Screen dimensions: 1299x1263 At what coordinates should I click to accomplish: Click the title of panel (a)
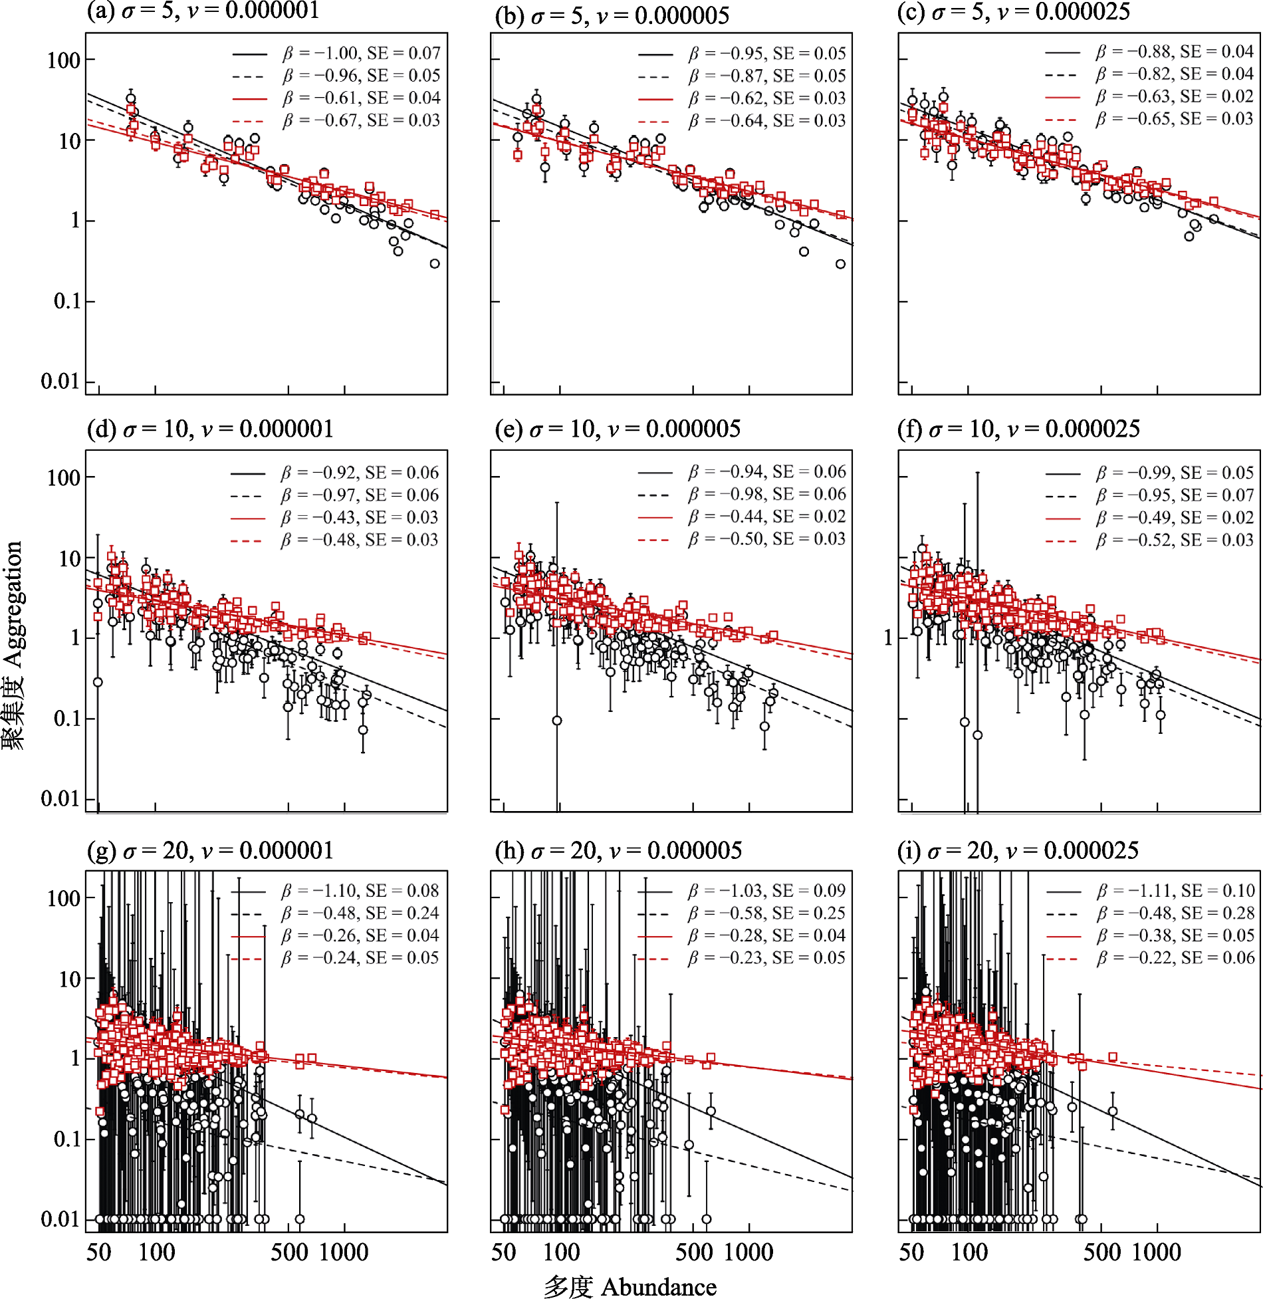click(203, 11)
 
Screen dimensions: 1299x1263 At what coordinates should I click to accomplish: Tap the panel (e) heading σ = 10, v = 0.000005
click(618, 429)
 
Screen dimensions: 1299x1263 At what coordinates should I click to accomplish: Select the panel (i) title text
click(1018, 850)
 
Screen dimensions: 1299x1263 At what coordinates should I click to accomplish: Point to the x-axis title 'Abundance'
click(658, 1287)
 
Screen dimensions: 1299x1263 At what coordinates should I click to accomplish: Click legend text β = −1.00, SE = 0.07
click(362, 53)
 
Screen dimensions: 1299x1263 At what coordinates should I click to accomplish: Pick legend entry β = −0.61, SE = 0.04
click(362, 98)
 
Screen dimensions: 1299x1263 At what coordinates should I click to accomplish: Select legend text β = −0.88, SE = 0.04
click(1175, 52)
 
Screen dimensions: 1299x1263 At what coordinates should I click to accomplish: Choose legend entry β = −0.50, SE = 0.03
click(767, 539)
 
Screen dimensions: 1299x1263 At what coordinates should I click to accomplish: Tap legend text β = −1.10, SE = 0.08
click(360, 891)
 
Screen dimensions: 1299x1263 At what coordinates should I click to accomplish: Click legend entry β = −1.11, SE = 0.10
click(1176, 891)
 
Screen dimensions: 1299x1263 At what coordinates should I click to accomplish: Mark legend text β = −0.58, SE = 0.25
click(767, 913)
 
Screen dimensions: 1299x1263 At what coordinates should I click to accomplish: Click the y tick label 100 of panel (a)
click(64, 60)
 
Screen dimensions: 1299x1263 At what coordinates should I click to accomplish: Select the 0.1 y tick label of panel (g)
click(66, 1139)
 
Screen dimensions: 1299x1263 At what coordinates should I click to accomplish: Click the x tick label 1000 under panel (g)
click(344, 1252)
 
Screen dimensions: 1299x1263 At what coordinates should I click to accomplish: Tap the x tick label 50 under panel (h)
click(504, 1252)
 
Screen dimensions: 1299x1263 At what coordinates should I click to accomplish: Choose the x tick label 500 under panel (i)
click(1101, 1252)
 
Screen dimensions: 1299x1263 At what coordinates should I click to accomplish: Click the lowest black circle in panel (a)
click(435, 264)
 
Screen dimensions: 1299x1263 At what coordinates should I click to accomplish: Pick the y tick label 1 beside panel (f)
click(888, 638)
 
